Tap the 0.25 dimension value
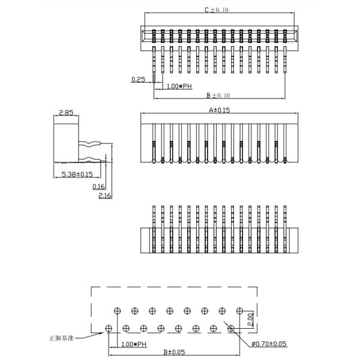[139, 79]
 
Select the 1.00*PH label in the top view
[179, 86]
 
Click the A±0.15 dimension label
[219, 110]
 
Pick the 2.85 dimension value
[66, 112]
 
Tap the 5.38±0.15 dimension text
[77, 175]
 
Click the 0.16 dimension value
[99, 187]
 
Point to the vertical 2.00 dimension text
[251, 319]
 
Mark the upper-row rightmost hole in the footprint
[240, 310]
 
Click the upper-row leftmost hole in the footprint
[117, 310]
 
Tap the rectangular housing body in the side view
[66, 141]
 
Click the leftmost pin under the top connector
[155, 60]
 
